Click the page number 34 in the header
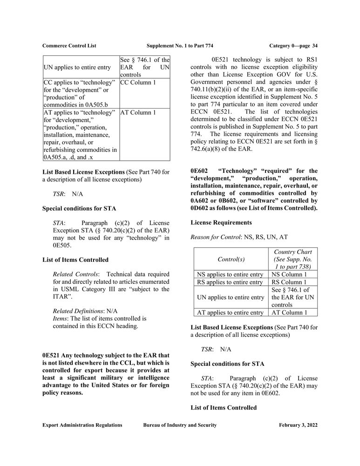tap(315, 45)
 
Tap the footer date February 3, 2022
tap(299, 425)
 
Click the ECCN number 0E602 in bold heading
tap(199, 171)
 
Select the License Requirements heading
tap(221, 223)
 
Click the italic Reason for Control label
tap(215, 238)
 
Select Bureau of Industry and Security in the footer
tap(180, 425)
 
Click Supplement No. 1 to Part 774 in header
tap(180, 45)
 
